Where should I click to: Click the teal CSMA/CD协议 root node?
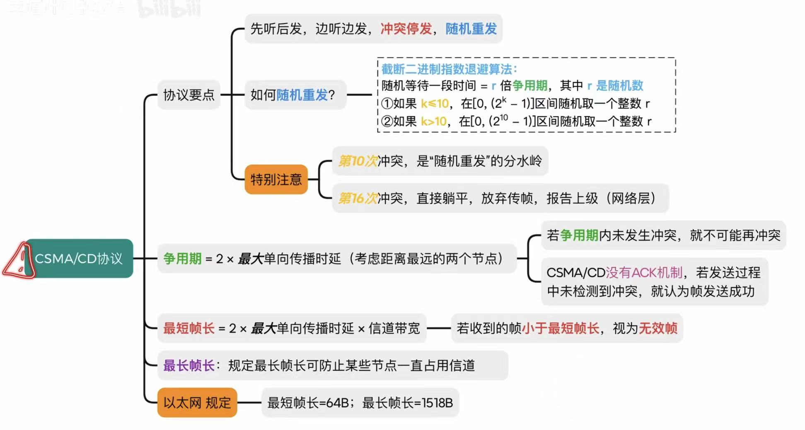point(79,258)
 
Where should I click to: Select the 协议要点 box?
point(189,95)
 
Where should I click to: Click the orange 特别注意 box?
point(276,179)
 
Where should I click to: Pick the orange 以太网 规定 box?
point(197,403)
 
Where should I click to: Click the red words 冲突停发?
point(406,29)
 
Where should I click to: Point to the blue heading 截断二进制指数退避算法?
point(449,69)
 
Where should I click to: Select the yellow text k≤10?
point(435,103)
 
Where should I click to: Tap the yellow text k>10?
point(433,121)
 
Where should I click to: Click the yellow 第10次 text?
point(358,161)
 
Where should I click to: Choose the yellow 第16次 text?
point(358,198)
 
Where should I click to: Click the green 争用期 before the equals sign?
point(182,258)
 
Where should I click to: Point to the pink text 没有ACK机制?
point(644,273)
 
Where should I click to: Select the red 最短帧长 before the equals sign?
point(189,329)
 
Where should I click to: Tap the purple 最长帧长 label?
point(189,365)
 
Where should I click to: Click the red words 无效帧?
point(658,329)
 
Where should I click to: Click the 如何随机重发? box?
point(293,95)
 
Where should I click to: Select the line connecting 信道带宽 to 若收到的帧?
point(438,329)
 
